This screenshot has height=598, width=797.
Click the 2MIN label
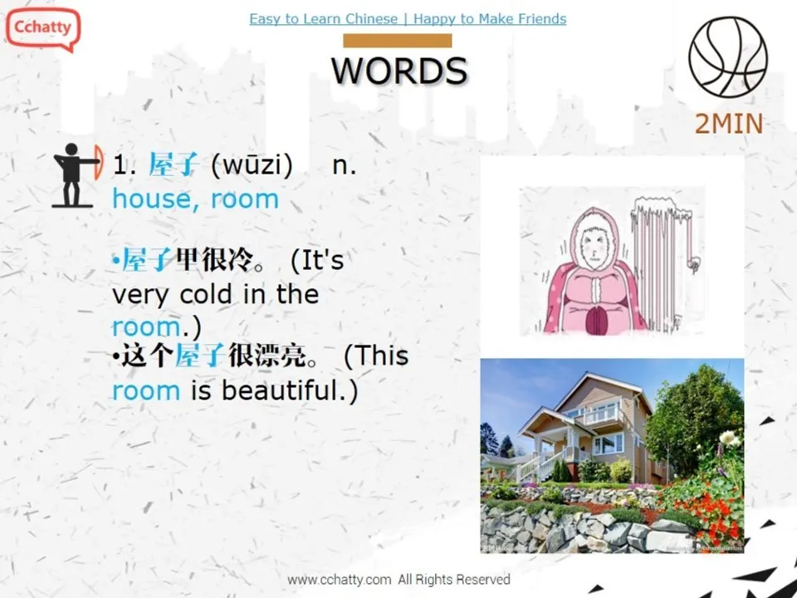pos(728,124)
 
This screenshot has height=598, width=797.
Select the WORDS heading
pos(399,71)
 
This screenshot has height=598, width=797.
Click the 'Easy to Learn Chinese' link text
pos(323,19)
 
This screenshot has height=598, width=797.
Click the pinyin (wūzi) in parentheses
pos(252,165)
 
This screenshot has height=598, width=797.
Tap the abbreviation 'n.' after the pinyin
pos(344,165)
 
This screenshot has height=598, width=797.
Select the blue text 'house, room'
pos(195,199)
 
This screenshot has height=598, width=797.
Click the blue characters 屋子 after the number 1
pos(173,165)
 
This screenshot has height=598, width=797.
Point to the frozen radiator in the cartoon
pos(665,257)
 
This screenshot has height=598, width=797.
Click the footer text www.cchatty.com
pos(339,580)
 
